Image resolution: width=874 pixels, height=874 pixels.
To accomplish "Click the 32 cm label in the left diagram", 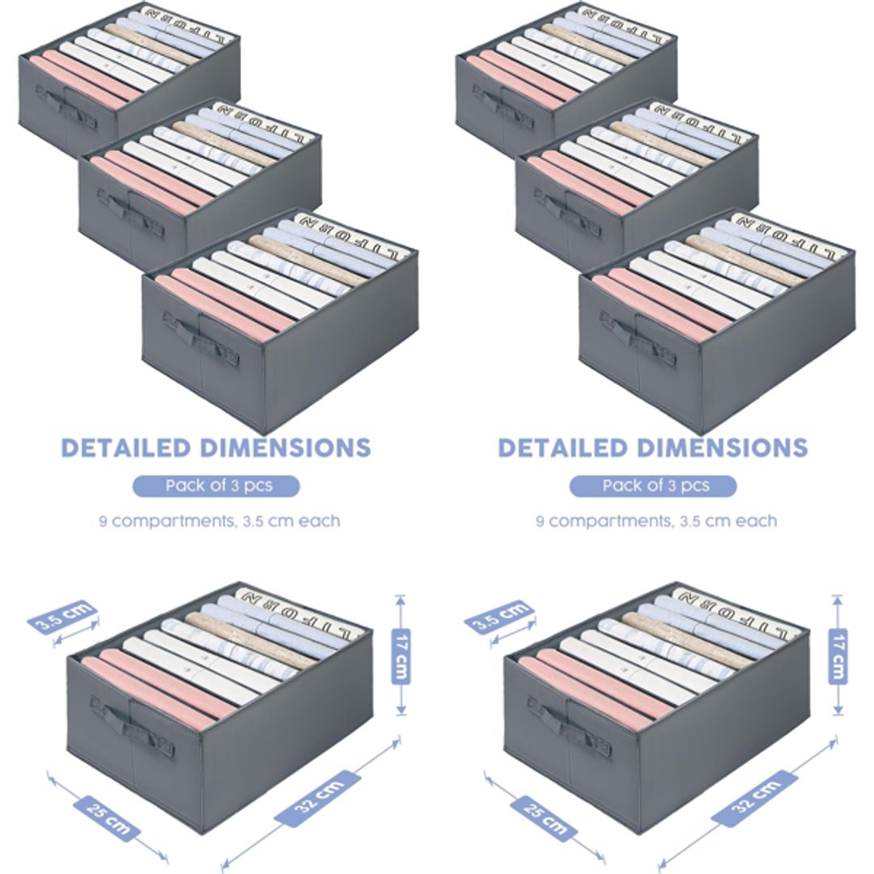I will coord(318,797).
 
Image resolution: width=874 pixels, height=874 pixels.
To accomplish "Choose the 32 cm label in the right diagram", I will coord(755,797).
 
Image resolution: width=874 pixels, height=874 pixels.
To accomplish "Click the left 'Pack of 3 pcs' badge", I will coord(216,486).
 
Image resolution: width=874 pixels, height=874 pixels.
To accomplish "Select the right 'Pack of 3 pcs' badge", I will coord(653,486).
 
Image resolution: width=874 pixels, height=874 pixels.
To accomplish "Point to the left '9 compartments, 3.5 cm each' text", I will coord(219,521).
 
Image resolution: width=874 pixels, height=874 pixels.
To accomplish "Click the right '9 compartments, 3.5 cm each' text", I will coord(656,521).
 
